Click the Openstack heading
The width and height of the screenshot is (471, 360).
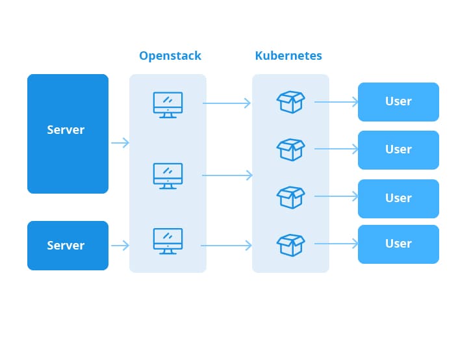(170, 56)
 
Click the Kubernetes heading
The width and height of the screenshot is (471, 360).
(288, 56)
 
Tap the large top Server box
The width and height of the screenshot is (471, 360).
(68, 134)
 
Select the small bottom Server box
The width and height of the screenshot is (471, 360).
(68, 246)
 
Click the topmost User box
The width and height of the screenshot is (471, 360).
(398, 102)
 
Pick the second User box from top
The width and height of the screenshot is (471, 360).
(398, 150)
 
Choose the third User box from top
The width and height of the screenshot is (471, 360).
(398, 199)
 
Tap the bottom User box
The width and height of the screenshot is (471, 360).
(398, 244)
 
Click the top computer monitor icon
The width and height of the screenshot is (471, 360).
(168, 105)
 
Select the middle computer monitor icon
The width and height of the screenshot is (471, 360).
(168, 176)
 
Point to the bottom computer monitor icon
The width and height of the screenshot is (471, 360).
(168, 241)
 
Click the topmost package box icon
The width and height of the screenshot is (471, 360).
(290, 102)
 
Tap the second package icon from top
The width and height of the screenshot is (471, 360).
(290, 149)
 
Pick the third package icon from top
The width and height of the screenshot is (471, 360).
(290, 198)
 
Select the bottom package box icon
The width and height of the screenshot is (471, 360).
(290, 245)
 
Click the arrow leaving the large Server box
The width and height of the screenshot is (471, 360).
(120, 143)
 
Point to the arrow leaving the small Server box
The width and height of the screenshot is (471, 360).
(120, 246)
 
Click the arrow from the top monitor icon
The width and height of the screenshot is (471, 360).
(227, 103)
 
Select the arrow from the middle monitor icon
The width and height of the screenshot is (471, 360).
(227, 175)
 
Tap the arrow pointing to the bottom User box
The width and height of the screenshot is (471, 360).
(336, 244)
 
